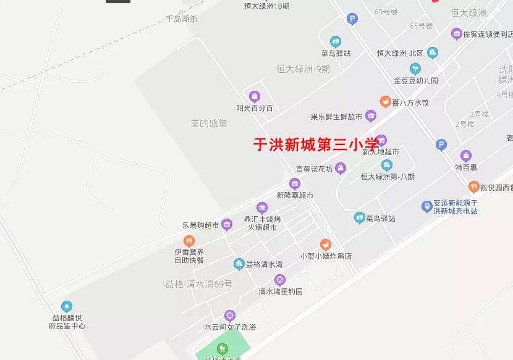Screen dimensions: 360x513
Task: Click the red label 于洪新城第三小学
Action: click(316, 144)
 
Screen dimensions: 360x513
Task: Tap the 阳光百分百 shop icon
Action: click(254, 96)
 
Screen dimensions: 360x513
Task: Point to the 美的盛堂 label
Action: click(209, 123)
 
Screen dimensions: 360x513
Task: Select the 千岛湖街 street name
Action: click(182, 19)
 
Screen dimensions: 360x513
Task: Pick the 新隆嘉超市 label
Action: click(295, 195)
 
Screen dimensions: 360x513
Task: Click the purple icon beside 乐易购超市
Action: click(227, 224)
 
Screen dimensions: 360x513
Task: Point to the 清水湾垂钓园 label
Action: click(281, 291)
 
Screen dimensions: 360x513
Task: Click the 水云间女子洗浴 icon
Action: click(230, 315)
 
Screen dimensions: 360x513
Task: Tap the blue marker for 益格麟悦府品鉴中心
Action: click(67, 306)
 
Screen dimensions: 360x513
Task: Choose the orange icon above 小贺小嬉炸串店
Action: click(325, 245)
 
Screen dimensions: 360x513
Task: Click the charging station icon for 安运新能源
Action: click(426, 206)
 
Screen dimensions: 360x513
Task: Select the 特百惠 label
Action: click(466, 167)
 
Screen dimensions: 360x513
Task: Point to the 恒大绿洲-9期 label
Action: click(303, 69)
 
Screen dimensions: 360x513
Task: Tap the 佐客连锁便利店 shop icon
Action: click(457, 35)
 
